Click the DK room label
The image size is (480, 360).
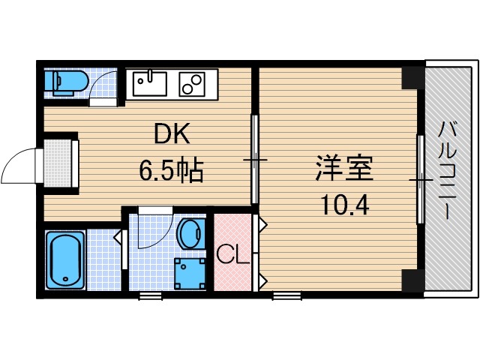tap(173, 135)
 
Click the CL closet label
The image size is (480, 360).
tap(232, 255)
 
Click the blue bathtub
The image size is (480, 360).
tap(64, 259)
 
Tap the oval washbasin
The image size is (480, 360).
tap(192, 233)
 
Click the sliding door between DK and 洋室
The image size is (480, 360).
tap(254, 159)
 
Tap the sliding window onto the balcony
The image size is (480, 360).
tap(421, 180)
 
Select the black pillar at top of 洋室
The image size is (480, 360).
tap(412, 77)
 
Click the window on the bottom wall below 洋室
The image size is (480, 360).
tap(286, 295)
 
